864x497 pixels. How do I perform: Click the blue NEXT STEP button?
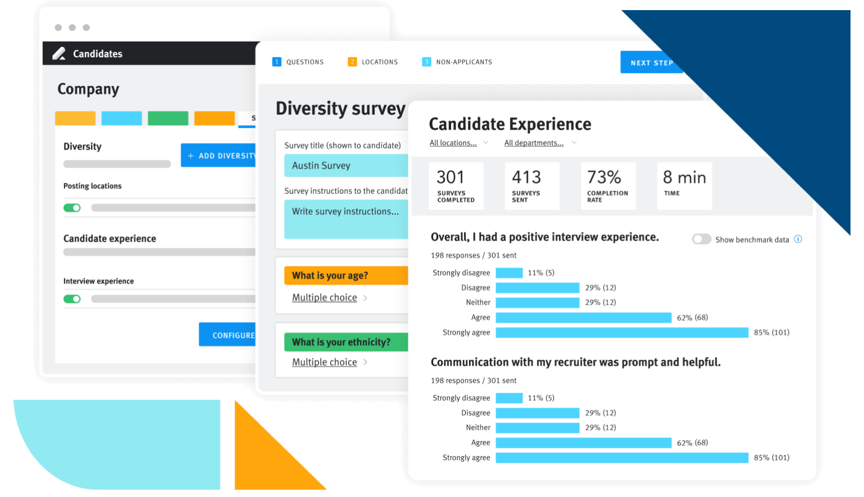pos(651,62)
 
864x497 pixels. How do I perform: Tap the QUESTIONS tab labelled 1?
pos(298,62)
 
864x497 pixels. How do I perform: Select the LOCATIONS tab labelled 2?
pos(373,62)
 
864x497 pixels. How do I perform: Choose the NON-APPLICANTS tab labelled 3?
pos(457,62)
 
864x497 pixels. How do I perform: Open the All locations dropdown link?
pos(453,143)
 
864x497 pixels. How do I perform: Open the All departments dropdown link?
pos(534,143)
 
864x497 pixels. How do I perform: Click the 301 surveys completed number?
pos(451,177)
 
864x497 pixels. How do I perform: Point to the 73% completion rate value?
pos(604,177)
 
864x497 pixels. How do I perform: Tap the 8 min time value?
pos(684,177)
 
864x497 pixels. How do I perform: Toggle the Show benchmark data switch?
pos(701,239)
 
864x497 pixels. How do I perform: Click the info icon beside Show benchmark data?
pos(798,239)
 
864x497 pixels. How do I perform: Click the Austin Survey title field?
pos(346,165)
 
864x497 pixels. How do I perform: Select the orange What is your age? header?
pos(346,275)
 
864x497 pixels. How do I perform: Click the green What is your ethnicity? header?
pos(346,342)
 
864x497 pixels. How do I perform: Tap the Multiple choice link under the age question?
pos(325,297)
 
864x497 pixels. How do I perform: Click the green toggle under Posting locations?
pos(72,208)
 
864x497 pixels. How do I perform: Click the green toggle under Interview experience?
pos(72,299)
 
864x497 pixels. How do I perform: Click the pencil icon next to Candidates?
pos(59,53)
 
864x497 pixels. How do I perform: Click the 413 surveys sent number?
pos(526,177)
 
